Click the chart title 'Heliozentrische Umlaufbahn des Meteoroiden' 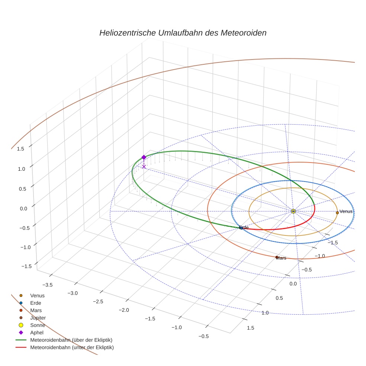(x=183, y=33)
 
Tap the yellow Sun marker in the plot (x=293, y=211)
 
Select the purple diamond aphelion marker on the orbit (x=144, y=157)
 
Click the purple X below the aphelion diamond (x=144, y=167)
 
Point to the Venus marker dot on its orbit (x=337, y=212)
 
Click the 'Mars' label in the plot (x=282, y=258)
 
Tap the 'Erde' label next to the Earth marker (x=244, y=227)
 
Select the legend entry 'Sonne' (x=38, y=325)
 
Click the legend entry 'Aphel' (x=37, y=333)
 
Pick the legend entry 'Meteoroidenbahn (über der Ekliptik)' (x=71, y=340)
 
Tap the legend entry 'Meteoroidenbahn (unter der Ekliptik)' (x=72, y=347)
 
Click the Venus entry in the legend (x=37, y=295)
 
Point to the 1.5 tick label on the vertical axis (x=20, y=149)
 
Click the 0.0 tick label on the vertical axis (x=23, y=208)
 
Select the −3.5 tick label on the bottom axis (x=47, y=285)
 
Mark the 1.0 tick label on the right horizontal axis (x=265, y=313)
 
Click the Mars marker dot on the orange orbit (x=276, y=257)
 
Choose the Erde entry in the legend (x=36, y=303)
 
